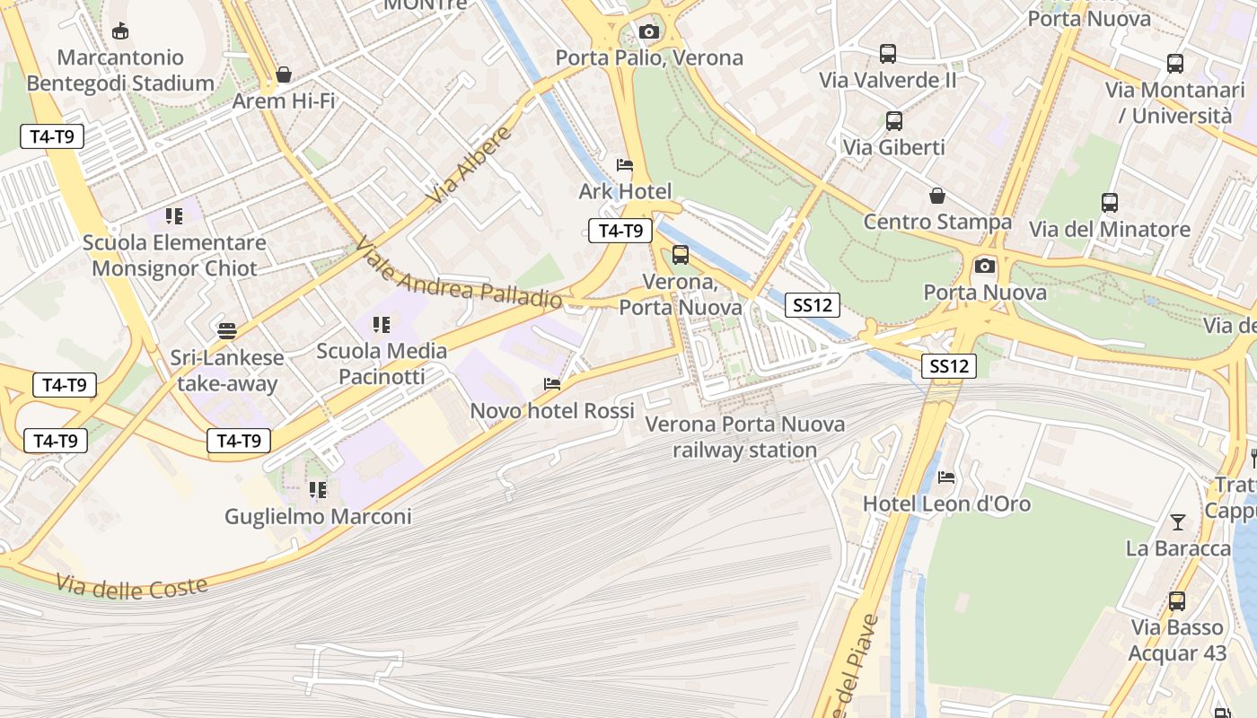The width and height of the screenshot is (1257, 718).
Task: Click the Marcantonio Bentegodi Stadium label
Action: coord(120,71)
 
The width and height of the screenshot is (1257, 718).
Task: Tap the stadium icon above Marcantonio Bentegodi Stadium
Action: coord(119,31)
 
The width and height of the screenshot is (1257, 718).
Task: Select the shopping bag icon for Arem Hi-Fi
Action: coord(284,74)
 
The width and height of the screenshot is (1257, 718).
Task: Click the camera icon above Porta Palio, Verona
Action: coord(648,31)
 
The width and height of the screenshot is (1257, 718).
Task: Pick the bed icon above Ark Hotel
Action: coord(625,165)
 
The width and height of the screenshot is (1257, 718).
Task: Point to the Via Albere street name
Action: coord(470,164)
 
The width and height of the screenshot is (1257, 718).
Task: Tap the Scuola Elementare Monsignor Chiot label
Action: coord(174,256)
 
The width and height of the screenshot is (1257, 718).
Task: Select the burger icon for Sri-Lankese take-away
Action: coord(227,330)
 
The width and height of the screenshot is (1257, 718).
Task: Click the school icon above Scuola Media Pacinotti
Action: coord(382,324)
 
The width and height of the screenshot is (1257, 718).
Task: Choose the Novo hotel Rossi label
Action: coord(552,410)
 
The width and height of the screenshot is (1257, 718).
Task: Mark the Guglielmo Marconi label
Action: coord(318,516)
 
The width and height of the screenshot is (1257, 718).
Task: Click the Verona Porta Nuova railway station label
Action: coord(745,436)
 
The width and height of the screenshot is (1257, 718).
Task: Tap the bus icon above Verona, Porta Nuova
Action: coord(681,255)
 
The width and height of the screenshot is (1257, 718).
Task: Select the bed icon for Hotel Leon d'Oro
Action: coord(946,477)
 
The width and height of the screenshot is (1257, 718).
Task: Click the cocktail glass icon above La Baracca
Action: coord(1178,521)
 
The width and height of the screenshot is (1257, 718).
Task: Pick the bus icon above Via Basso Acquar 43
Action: coord(1176,600)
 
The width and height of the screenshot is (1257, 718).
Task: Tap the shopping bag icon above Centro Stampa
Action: coord(937,195)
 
